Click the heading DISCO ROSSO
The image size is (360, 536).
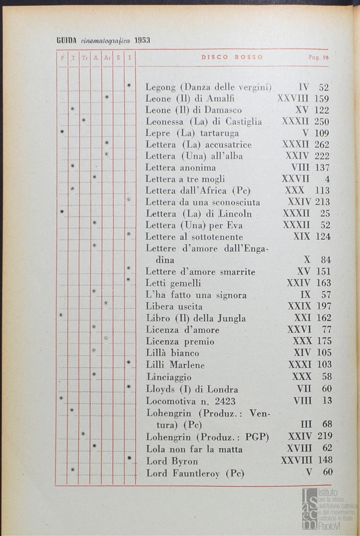point(232,58)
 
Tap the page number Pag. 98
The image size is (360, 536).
point(319,58)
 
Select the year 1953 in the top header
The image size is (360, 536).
point(142,40)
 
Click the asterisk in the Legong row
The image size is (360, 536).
point(129,86)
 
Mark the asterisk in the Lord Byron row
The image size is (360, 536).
point(129,459)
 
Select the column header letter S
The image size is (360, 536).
point(119,58)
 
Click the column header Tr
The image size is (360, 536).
point(84,58)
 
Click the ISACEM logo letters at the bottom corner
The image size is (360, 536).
point(310,509)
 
